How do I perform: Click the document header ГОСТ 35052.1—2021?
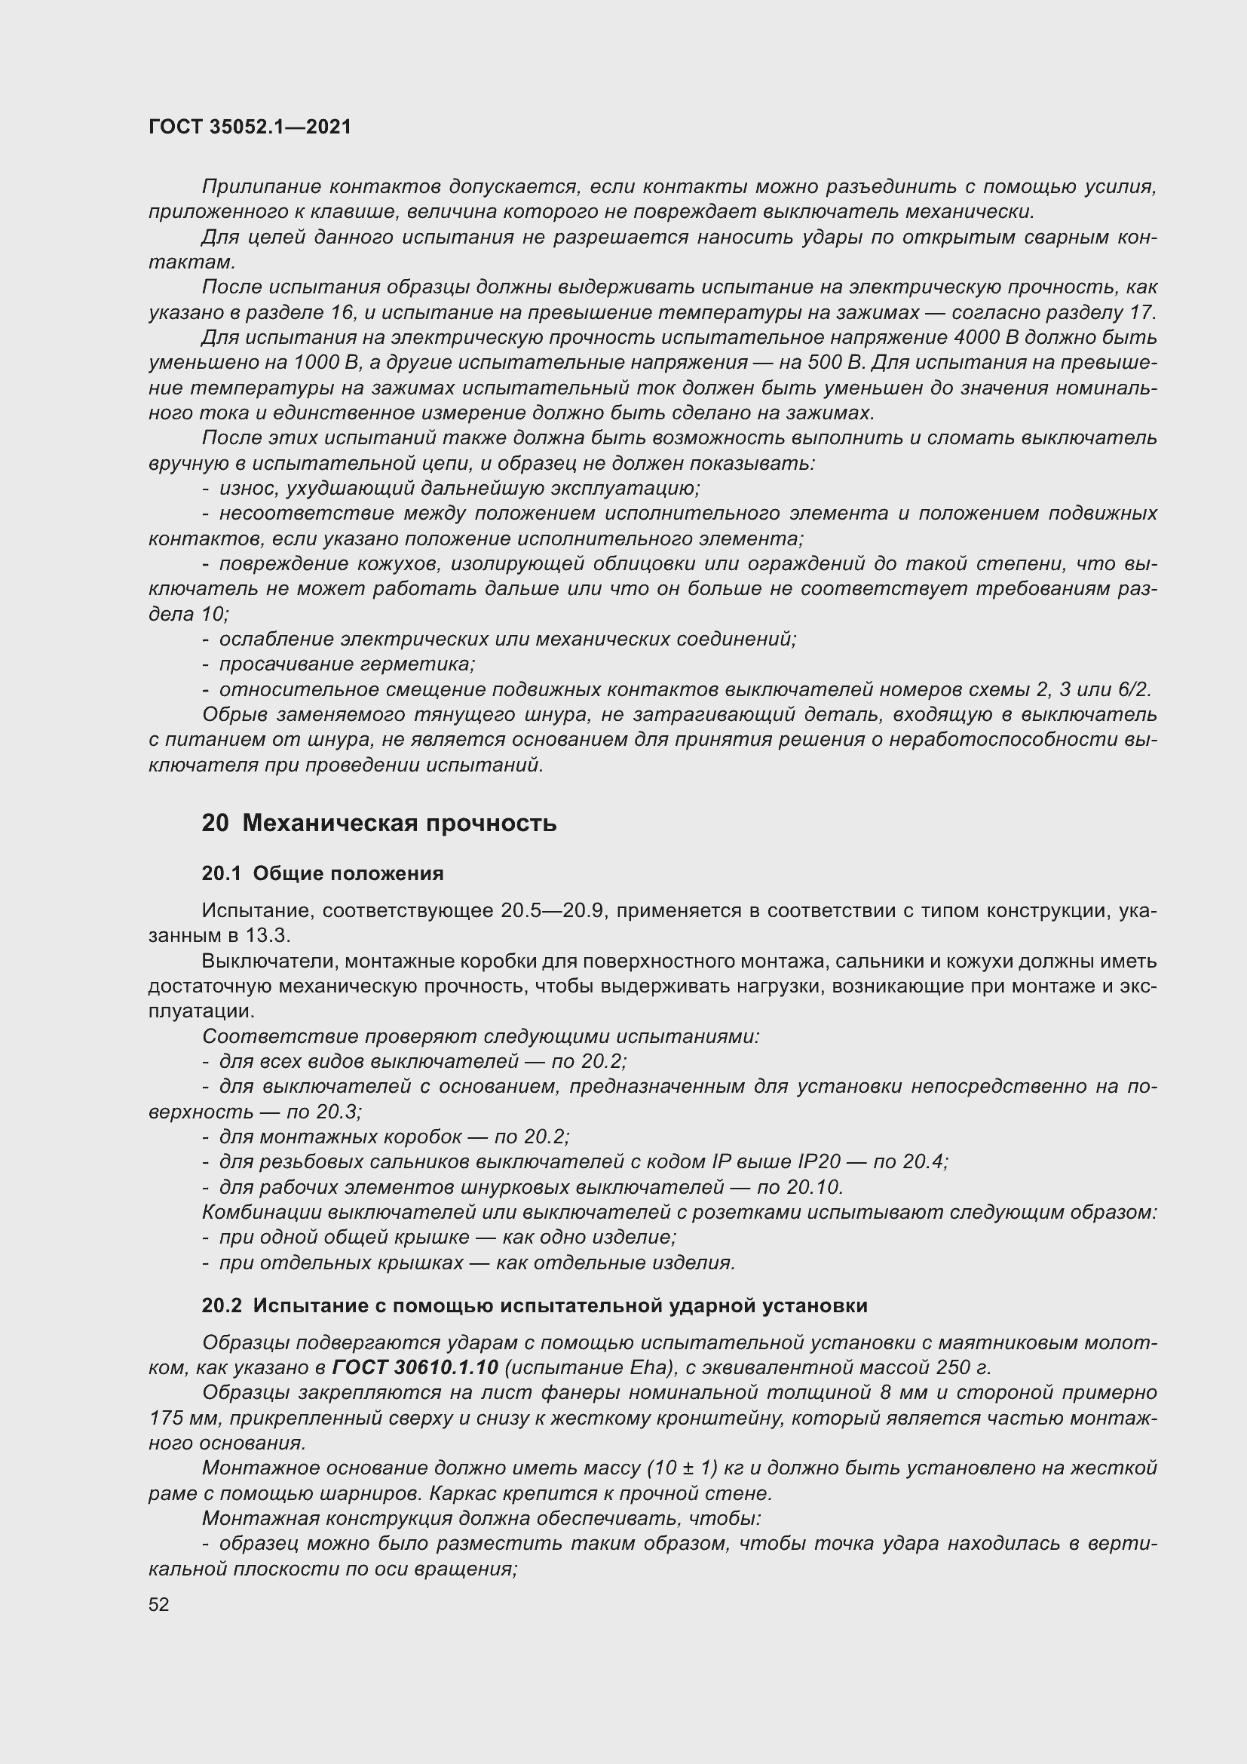pyautogui.click(x=250, y=127)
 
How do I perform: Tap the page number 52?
pyautogui.click(x=159, y=1603)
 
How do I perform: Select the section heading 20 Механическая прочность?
pyautogui.click(x=379, y=824)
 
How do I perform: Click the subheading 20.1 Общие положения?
pyautogui.click(x=323, y=873)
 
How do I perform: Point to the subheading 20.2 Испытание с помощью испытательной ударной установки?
pyautogui.click(x=535, y=1305)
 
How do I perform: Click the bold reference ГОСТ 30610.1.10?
pyautogui.click(x=416, y=1367)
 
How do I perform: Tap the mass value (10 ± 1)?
pyautogui.click(x=682, y=1468)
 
